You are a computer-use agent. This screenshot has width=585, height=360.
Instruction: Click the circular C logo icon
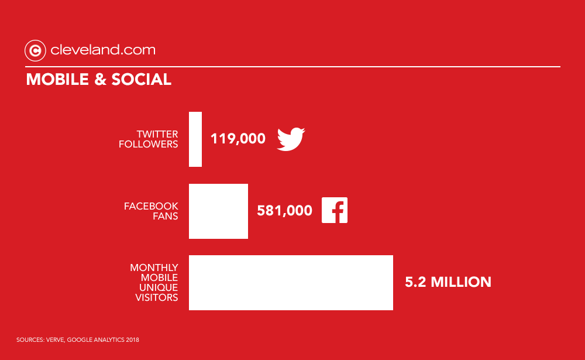[35, 50]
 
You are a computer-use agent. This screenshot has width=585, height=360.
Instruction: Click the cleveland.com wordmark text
[103, 50]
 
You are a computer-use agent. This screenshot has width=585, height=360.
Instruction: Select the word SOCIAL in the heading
[142, 79]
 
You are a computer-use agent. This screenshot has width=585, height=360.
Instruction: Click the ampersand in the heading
[100, 79]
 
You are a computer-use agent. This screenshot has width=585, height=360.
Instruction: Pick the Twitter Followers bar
[195, 139]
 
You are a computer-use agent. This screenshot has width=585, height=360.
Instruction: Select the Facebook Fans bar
[218, 211]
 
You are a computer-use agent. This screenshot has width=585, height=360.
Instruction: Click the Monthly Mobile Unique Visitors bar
[291, 283]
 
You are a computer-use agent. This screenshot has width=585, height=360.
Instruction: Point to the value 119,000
[238, 139]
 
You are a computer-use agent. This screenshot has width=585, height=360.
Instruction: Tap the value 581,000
[284, 211]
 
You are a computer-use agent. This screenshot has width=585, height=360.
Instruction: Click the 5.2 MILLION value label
[448, 282]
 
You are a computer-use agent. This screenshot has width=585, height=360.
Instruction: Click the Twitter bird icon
[291, 139]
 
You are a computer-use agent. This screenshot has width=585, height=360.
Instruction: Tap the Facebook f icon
[334, 210]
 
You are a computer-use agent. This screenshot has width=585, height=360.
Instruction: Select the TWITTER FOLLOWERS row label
[149, 139]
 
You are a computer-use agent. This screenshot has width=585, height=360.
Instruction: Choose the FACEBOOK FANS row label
[151, 211]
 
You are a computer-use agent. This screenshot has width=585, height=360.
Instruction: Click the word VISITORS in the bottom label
[157, 297]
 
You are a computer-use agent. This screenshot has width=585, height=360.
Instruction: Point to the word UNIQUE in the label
[159, 287]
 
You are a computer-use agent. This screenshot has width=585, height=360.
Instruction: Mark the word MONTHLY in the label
[154, 268]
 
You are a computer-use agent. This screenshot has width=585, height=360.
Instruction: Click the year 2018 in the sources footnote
[132, 340]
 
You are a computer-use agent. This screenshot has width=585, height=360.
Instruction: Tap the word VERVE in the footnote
[55, 340]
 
